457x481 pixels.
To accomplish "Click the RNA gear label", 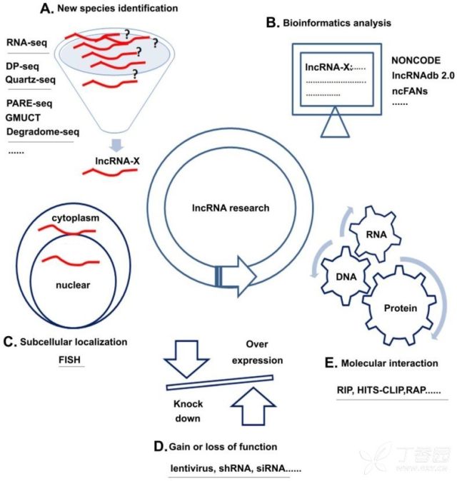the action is (x=376, y=235).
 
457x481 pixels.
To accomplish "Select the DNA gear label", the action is (x=346, y=277).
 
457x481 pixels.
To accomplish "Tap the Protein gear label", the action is (x=401, y=308).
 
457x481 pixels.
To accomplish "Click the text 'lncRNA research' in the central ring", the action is (x=231, y=208).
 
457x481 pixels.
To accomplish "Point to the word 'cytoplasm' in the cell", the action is (x=76, y=218).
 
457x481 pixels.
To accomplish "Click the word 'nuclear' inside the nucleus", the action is (x=73, y=285).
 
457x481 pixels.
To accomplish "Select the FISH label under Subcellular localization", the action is (x=70, y=360).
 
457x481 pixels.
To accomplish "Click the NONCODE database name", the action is (x=416, y=61).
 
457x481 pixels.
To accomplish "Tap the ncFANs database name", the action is (x=410, y=91).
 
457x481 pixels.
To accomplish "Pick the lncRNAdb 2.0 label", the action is (x=423, y=76).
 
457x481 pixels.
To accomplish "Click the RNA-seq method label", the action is (x=26, y=42).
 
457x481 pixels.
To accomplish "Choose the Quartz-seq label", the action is (x=31, y=80).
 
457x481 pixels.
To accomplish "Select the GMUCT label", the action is (x=23, y=118).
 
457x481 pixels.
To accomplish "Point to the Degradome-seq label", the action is (x=43, y=132).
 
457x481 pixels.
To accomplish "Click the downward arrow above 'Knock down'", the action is (x=186, y=358).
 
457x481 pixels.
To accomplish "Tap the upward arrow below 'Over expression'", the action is (x=253, y=406).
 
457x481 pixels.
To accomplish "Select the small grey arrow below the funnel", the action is (x=116, y=146).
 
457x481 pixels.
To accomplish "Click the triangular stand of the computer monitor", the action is (x=335, y=123).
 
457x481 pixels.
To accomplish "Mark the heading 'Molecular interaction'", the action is (x=389, y=363).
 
